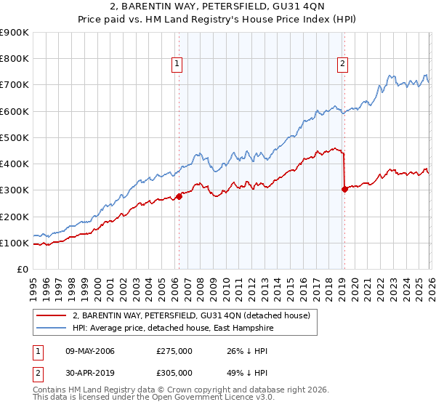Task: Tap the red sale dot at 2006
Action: pyautogui.click(x=179, y=196)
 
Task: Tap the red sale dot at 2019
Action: pyautogui.click(x=344, y=189)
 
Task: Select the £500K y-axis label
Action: pyautogui.click(x=15, y=137)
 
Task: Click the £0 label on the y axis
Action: pyautogui.click(x=22, y=269)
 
